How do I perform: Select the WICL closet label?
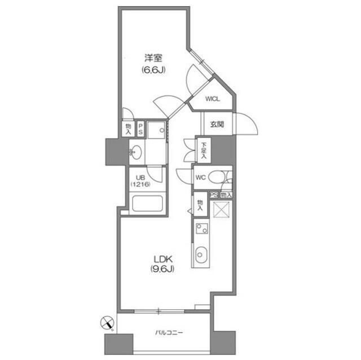click(212, 99)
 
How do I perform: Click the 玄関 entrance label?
click(217, 125)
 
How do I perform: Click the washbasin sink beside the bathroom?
click(136, 151)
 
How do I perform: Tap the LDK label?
click(162, 259)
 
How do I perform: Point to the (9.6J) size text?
click(162, 269)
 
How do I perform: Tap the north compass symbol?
click(107, 324)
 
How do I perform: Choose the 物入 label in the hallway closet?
click(200, 203)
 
